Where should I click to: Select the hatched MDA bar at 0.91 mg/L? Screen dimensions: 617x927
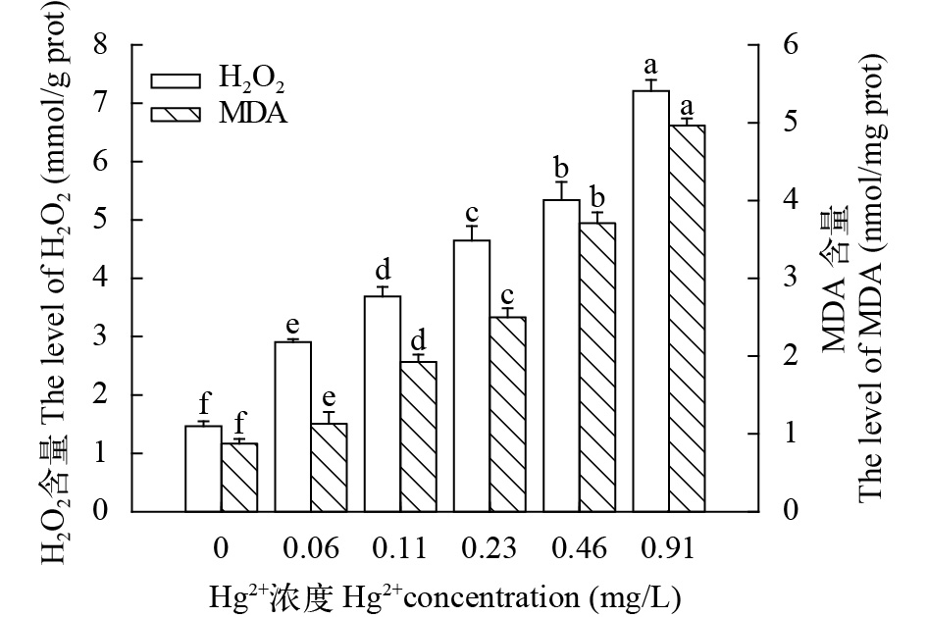click(x=687, y=318)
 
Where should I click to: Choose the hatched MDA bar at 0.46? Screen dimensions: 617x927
click(x=597, y=367)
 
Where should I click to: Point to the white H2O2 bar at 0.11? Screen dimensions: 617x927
click(x=383, y=403)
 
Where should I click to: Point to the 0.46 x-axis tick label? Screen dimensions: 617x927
click(x=580, y=547)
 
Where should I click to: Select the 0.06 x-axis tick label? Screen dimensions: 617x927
click(x=311, y=547)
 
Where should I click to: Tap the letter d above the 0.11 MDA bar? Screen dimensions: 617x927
click(x=418, y=342)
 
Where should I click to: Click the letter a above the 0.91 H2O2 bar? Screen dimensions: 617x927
click(x=649, y=67)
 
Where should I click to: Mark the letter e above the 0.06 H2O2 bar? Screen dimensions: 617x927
click(x=292, y=326)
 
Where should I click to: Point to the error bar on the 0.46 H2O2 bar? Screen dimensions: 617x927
click(x=562, y=190)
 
